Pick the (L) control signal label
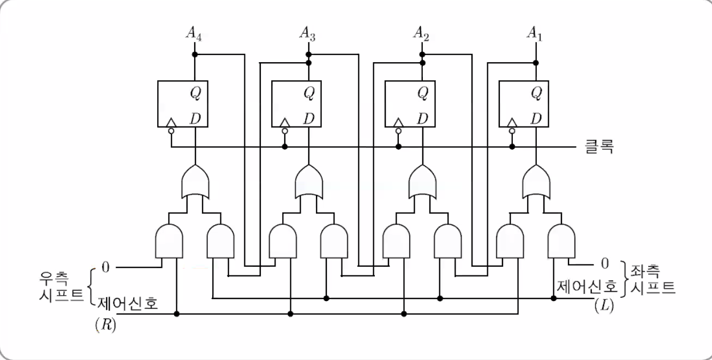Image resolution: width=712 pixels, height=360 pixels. coord(604,306)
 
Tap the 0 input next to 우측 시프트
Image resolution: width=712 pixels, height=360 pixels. coord(105,267)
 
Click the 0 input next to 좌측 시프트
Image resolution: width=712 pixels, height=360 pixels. coord(604,263)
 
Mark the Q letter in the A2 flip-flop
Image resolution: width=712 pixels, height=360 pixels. coord(423,93)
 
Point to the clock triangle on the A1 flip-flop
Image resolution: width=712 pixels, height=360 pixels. coord(512,122)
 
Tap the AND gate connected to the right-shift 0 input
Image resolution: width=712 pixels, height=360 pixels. coord(170,241)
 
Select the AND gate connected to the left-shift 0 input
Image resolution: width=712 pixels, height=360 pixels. coord(561,241)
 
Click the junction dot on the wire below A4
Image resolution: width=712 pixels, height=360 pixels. coord(195,55)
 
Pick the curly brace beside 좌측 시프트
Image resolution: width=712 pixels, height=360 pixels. coord(625,279)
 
